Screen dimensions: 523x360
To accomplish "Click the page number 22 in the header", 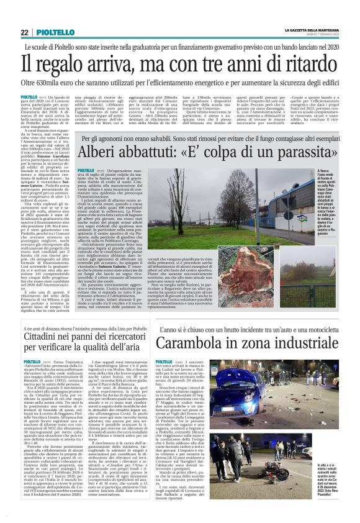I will coord(24,32).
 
